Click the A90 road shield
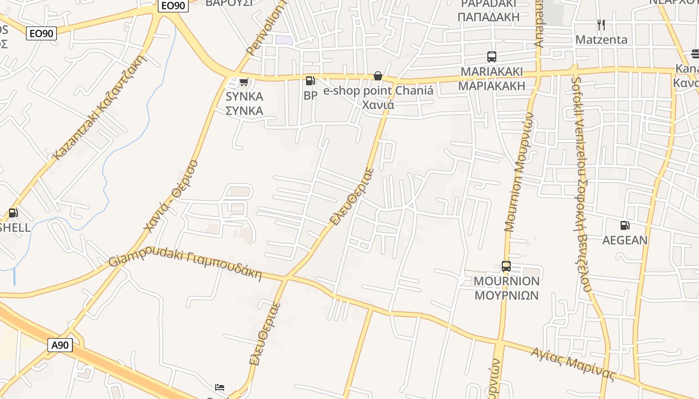click(60, 345)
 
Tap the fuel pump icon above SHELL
click(13, 213)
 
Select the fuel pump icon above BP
click(310, 81)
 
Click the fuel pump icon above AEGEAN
click(625, 225)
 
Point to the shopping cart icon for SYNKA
click(244, 82)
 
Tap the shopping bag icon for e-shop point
click(377, 76)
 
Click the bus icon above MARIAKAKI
click(492, 57)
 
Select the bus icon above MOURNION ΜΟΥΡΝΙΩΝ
click(506, 266)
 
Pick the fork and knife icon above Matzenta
click(601, 24)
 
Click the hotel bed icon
click(220, 388)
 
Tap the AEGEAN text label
click(625, 240)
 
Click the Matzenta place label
click(601, 39)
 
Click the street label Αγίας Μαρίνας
click(573, 364)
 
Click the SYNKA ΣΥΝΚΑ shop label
click(244, 103)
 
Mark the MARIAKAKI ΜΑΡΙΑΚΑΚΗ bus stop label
click(492, 78)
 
